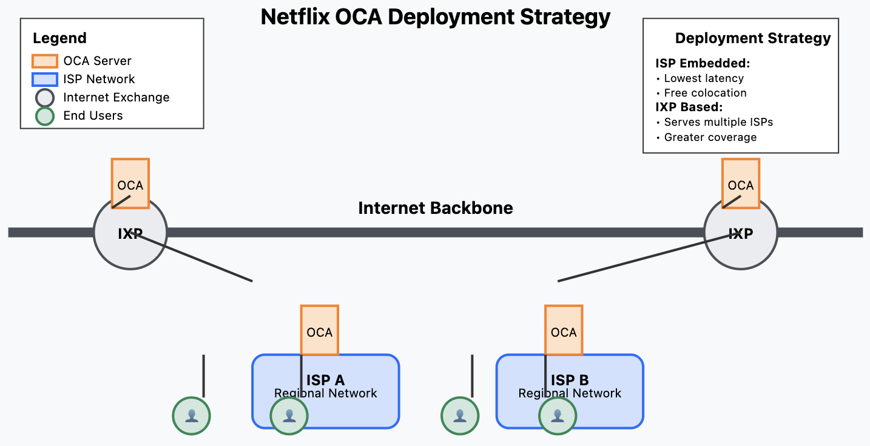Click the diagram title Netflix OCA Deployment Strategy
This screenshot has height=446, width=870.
tap(435, 16)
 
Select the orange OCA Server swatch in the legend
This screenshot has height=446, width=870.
tap(45, 61)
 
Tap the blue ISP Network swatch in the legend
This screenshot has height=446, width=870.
tap(45, 80)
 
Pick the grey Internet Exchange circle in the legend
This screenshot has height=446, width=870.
tap(45, 98)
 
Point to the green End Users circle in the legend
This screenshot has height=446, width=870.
tap(45, 116)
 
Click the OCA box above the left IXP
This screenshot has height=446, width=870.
tap(130, 183)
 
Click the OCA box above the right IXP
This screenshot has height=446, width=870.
tap(740, 183)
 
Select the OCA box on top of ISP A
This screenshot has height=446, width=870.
tap(320, 330)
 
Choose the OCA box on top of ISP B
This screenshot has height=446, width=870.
tap(564, 330)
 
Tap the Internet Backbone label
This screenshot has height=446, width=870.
tap(435, 208)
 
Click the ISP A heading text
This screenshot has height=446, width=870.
tap(326, 380)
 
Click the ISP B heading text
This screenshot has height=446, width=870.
tap(570, 380)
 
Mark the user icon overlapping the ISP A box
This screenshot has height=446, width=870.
tap(289, 416)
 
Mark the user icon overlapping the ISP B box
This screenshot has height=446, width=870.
tap(558, 416)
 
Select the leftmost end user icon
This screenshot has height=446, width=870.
tap(192, 416)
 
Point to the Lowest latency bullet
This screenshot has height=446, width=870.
tap(703, 78)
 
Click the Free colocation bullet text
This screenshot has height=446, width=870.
tap(705, 93)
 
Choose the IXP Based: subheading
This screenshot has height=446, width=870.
tap(689, 108)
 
